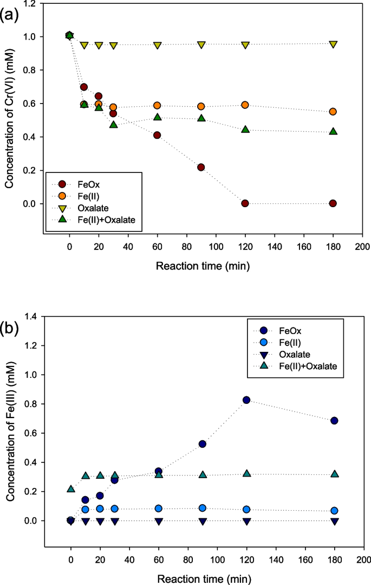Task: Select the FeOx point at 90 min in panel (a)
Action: point(201,167)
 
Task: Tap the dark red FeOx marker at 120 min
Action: point(245,203)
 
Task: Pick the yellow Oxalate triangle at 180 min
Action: point(333,44)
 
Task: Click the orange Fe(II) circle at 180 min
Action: point(333,112)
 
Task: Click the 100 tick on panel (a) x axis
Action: point(216,248)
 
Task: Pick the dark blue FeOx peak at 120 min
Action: point(246,400)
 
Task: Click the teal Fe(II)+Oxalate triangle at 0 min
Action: point(70,489)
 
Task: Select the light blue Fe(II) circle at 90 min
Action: point(202,508)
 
